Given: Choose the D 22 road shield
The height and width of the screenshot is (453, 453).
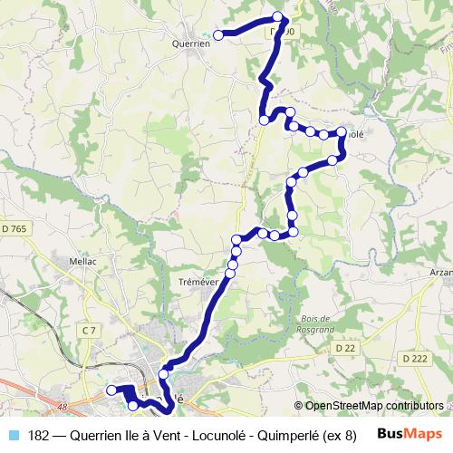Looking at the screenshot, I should click(x=344, y=348).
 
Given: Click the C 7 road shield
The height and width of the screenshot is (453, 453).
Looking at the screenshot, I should click(x=88, y=333).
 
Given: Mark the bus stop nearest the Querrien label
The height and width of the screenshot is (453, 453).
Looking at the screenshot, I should click(x=218, y=35).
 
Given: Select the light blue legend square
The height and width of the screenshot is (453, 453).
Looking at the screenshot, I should click(x=13, y=434).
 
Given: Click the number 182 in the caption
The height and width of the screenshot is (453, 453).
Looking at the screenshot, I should click(x=39, y=434).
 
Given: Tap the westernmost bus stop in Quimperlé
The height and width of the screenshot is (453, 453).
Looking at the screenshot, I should click(x=111, y=390).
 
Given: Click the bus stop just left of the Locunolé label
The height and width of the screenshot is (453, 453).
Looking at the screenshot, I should click(x=342, y=132).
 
